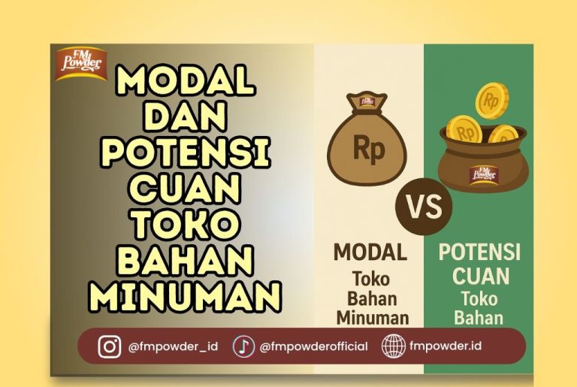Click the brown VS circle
click(x=424, y=206)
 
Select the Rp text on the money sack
click(x=367, y=150)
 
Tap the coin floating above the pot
click(x=492, y=100)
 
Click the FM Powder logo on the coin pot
click(x=483, y=172)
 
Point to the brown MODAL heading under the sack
click(x=370, y=252)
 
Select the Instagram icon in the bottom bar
click(x=110, y=346)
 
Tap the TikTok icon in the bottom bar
click(x=243, y=346)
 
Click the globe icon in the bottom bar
click(x=393, y=346)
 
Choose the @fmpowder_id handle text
click(x=173, y=346)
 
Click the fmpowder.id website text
click(x=446, y=346)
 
